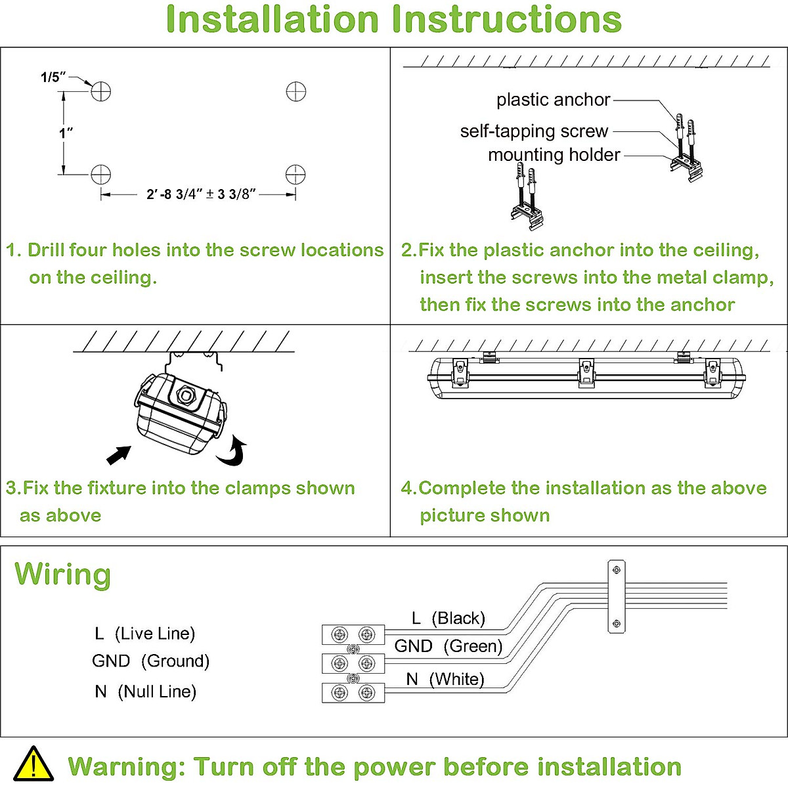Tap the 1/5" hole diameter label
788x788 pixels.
pos(53,77)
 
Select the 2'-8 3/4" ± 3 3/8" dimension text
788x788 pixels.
pos(201,194)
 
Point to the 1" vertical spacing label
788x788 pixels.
pos(66,133)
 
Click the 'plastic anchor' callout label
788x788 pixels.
pos(553,100)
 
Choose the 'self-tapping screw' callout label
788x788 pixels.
pos(534,131)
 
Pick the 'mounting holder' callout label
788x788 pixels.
pos(554,155)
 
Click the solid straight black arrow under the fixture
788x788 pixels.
pos(118,454)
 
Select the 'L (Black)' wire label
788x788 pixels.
pos(448,618)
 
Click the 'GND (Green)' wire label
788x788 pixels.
pos(448,646)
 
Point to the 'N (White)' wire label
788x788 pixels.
pos(445,679)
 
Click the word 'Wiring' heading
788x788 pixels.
pos(63,575)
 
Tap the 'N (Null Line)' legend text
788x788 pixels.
pos(145,691)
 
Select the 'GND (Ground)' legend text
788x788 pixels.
pos(150,661)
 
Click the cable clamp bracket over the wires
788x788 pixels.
pos(616,596)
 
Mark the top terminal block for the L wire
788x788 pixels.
pos(353,634)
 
